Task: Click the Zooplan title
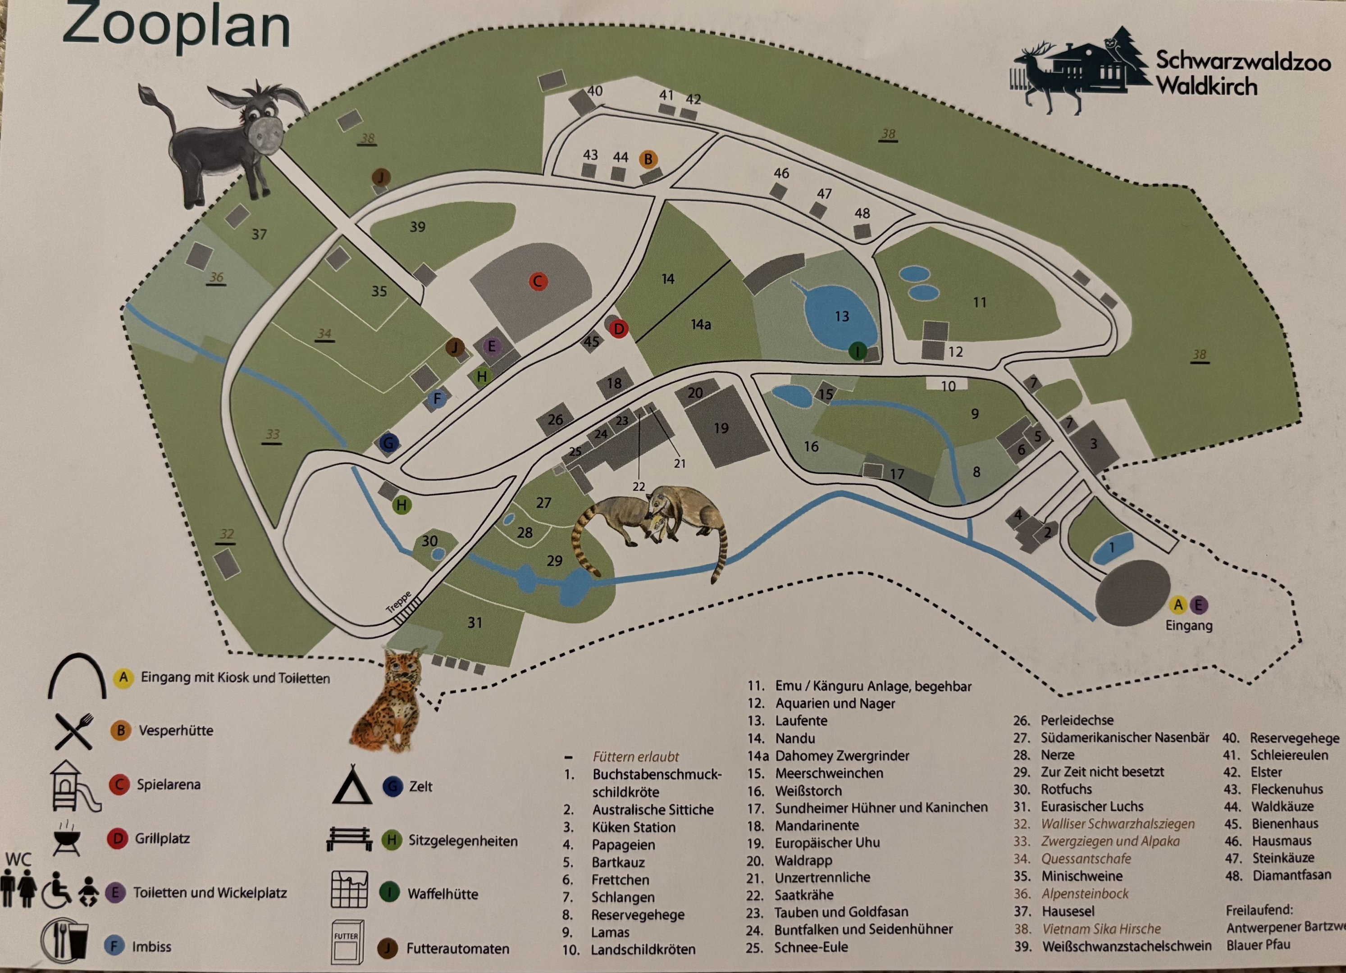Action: point(176,26)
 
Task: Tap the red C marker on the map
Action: point(538,281)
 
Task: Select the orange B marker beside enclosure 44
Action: point(648,159)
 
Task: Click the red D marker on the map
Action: point(618,329)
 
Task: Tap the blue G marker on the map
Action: point(388,443)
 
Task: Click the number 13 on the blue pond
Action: point(842,316)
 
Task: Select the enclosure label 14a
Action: point(701,324)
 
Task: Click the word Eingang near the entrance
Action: point(1189,625)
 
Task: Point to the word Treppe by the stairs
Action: point(399,602)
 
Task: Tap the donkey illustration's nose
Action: point(265,135)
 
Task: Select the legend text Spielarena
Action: point(169,784)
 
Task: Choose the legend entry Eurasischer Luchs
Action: point(1091,806)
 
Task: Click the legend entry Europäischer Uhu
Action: point(827,842)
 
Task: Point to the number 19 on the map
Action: point(721,428)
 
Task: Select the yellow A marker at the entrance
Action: point(1178,605)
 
